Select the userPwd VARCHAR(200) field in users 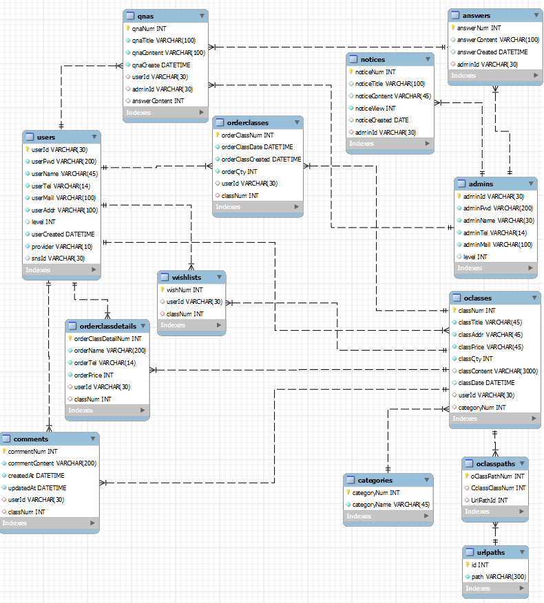click(64, 162)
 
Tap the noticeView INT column click(375, 108)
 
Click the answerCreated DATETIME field click(492, 52)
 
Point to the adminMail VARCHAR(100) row click(497, 244)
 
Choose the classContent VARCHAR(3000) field click(498, 371)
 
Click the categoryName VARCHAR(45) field click(390, 504)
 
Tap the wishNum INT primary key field click(185, 289)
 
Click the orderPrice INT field click(94, 375)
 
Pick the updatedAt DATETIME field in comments click(37, 487)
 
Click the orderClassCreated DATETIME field click(261, 159)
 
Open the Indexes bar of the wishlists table click(191, 325)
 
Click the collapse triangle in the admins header click(529, 184)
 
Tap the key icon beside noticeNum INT click(351, 72)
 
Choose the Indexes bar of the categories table click(388, 516)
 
